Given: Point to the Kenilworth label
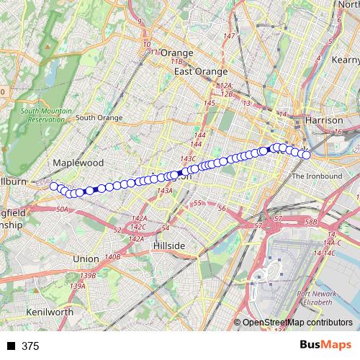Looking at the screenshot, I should click(49, 312).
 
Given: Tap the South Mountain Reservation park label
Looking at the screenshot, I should click(46, 115).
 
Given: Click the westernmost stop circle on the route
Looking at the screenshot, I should click(53, 186).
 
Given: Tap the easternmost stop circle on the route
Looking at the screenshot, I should click(305, 154).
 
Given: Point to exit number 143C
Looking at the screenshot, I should click(189, 158).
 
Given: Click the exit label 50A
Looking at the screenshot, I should click(62, 210).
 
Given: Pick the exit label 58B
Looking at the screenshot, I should click(310, 222).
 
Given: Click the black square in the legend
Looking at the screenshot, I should click(11, 346).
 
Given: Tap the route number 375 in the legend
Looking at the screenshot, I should click(30, 346).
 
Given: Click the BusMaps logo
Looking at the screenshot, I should click(325, 346).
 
